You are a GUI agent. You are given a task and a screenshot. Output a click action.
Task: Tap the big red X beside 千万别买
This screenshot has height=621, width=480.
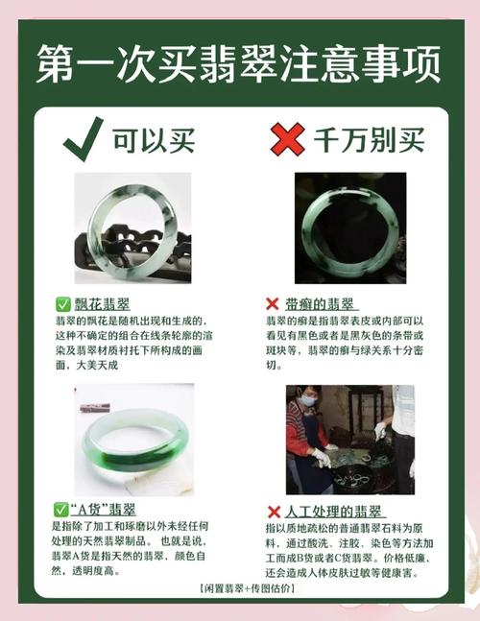[288, 138]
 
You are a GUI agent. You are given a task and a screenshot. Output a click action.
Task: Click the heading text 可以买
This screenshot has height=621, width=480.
[154, 140]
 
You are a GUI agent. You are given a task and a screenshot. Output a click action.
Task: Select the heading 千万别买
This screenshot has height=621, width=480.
[369, 140]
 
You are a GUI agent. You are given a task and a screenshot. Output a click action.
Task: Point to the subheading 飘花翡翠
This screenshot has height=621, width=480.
[102, 304]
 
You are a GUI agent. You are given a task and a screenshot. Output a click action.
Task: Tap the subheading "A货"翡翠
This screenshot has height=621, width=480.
[103, 510]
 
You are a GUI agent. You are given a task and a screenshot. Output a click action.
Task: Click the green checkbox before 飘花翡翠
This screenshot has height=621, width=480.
[63, 304]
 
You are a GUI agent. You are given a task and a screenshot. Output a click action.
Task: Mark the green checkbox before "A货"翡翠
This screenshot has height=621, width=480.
[60, 510]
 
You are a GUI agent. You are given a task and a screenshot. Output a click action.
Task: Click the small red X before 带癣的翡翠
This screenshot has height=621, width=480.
[273, 304]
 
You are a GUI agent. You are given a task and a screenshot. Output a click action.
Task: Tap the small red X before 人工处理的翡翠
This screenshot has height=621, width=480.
[274, 512]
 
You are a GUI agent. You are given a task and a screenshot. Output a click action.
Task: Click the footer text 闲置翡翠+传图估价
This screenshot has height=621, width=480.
[248, 588]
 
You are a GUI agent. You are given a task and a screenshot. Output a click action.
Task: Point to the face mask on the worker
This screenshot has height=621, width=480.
[309, 400]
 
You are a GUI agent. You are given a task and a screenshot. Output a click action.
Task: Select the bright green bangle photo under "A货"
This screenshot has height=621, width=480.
[134, 440]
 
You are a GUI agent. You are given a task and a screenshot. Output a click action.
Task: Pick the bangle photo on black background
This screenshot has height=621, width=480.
[350, 228]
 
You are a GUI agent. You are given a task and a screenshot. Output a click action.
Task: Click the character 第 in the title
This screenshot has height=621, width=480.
[56, 63]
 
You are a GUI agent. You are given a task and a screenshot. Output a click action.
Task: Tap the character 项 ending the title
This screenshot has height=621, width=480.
[421, 63]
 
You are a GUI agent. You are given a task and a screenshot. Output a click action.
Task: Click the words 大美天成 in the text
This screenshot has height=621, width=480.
[97, 365]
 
